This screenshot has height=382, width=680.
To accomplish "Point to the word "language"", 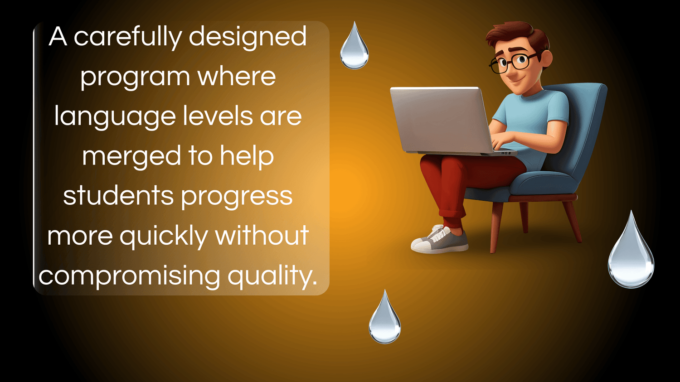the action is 115,117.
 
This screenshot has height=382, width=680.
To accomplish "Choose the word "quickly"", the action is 164,236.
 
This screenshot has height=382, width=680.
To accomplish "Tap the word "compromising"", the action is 129,276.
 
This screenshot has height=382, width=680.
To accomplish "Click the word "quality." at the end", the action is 272,276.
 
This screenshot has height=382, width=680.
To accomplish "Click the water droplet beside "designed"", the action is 354,45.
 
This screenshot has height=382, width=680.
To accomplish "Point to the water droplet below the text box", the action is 385,317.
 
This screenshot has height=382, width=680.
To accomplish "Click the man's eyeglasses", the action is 513,62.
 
